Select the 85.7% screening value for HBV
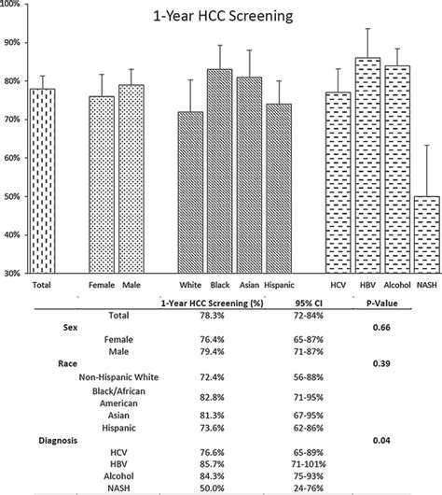pos(201,462)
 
